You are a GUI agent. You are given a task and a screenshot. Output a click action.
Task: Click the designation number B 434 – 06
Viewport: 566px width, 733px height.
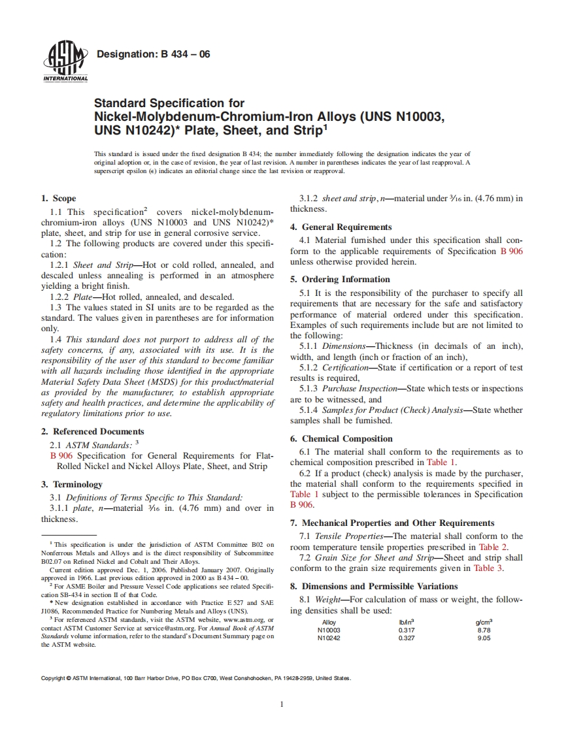pos(153,54)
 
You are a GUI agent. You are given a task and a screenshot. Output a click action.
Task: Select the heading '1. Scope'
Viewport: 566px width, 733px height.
pos(58,198)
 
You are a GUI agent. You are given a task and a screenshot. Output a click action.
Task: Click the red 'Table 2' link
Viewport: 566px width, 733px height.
pos(492,547)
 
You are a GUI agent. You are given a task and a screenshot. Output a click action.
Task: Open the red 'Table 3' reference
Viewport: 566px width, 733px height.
pos(487,568)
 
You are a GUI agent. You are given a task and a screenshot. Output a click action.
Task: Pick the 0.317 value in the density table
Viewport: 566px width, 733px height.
pos(406,630)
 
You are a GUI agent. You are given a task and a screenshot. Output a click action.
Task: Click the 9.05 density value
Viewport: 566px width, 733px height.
pos(484,638)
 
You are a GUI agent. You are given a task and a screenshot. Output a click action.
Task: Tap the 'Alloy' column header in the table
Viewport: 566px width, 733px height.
pos(329,622)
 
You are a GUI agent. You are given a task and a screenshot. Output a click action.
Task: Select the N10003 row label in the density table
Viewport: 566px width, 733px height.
pos(329,630)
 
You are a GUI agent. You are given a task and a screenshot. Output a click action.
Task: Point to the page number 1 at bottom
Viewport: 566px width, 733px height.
pos(282,704)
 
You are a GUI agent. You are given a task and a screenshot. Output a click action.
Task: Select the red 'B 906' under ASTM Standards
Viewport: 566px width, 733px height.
pos(61,455)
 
